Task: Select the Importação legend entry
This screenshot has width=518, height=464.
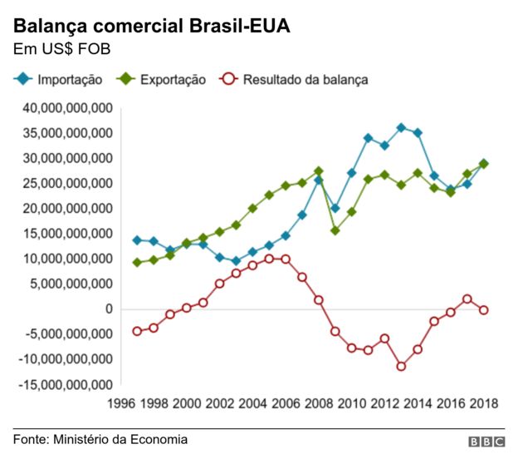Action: pos(58,80)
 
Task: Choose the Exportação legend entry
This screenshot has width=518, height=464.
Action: pos(162,80)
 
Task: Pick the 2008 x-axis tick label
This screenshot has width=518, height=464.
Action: pos(319,404)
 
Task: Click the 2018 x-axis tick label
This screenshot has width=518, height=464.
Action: pos(483,404)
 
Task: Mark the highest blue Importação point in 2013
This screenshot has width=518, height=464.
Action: pos(401,128)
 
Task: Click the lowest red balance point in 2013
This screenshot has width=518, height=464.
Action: pos(401,366)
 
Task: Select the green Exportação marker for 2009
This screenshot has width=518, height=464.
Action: pos(335,230)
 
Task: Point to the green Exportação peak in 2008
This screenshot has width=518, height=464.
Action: pos(319,171)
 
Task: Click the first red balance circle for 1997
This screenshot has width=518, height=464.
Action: pos(138,331)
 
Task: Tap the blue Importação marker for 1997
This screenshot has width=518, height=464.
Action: pos(138,240)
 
